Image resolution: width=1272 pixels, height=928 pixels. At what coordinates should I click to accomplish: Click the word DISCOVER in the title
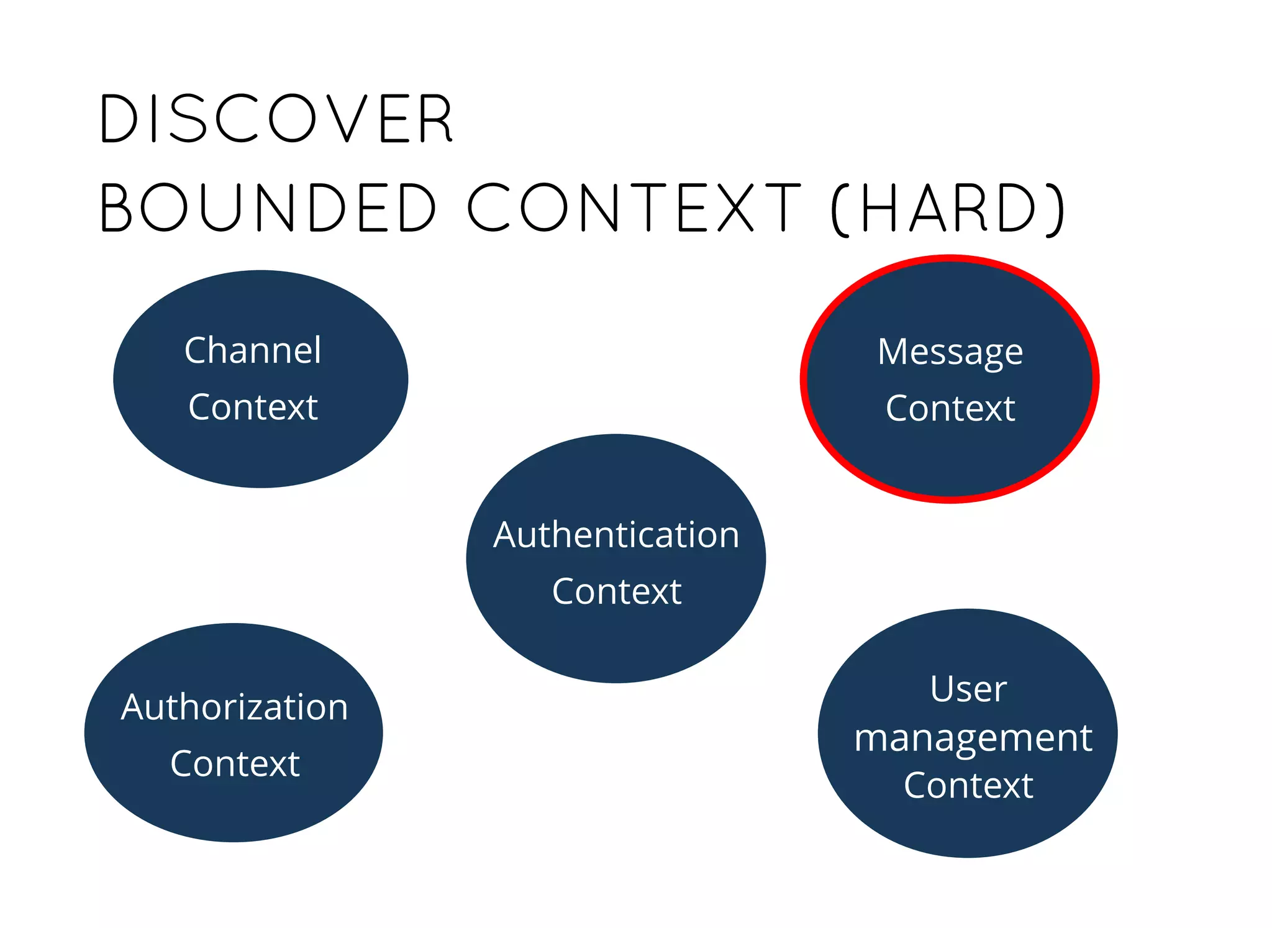[x=276, y=119]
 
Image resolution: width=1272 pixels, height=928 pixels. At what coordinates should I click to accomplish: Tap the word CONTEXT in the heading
[x=634, y=207]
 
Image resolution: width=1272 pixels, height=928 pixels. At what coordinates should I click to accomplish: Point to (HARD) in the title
[x=947, y=209]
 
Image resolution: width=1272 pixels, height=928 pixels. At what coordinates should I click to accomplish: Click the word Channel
[x=253, y=350]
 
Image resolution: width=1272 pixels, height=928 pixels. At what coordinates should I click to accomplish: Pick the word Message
[x=950, y=353]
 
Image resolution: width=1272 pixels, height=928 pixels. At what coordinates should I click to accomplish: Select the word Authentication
[x=616, y=535]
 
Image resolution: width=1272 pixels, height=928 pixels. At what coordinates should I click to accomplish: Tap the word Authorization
[x=235, y=707]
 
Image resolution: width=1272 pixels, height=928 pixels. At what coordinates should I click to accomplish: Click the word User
[x=968, y=689]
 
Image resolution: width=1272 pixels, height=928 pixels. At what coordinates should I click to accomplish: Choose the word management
[x=973, y=739]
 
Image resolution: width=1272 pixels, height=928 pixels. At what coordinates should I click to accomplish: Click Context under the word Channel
[x=253, y=407]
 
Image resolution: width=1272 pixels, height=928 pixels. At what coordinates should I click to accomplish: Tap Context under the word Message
[x=950, y=409]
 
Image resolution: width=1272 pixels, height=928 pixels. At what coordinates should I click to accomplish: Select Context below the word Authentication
[x=616, y=591]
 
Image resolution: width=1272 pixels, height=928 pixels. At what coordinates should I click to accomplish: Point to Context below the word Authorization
[x=235, y=763]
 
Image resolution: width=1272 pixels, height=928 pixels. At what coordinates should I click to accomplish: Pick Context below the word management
[x=968, y=786]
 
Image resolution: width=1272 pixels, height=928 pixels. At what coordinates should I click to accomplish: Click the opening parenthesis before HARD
[x=839, y=209]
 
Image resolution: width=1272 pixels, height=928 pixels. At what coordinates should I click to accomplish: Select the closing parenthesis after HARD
[x=1055, y=209]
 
